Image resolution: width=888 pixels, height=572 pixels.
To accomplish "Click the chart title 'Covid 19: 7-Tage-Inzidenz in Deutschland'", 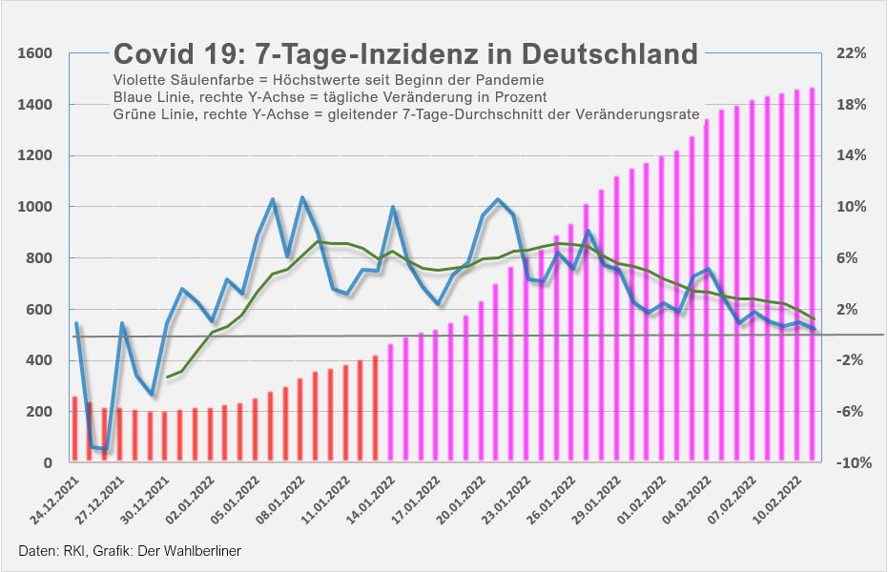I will [x=405, y=53].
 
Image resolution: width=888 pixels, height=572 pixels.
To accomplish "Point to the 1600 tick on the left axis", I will [x=34, y=53].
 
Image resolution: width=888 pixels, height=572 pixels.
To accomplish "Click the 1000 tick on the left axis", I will [x=34, y=207].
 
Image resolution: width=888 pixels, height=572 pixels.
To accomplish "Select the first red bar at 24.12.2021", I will [x=75, y=429].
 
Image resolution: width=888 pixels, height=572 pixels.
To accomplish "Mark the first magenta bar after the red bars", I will [x=391, y=402].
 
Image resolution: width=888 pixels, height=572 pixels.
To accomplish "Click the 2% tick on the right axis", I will [x=852, y=309].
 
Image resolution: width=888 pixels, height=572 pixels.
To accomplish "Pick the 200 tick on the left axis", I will [x=38, y=412].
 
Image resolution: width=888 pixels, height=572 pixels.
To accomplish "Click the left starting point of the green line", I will [x=168, y=378].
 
